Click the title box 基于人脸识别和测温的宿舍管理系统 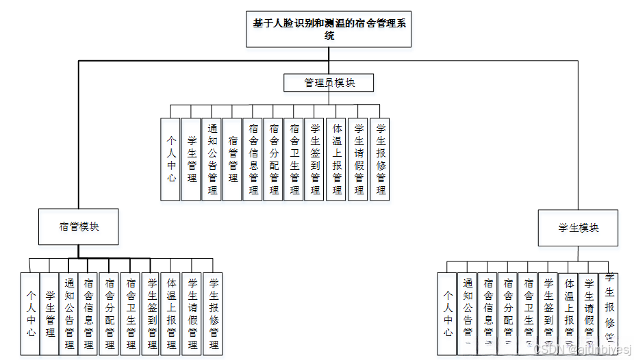329,29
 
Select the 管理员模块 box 329,83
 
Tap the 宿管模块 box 79,226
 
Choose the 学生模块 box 579,228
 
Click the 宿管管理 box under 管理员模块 233,159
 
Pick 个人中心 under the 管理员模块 171,159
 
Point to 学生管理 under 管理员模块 192,159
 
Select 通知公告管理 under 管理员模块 212,159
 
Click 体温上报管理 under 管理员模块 338,159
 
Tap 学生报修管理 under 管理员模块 380,159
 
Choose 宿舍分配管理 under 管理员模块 275,159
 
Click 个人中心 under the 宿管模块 30,313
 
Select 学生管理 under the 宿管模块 49,313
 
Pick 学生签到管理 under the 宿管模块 151,313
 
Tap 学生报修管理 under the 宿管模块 213,313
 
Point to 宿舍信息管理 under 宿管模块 88,313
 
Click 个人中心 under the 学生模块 447,313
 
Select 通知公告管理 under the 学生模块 468,313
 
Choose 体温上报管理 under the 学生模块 569,313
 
